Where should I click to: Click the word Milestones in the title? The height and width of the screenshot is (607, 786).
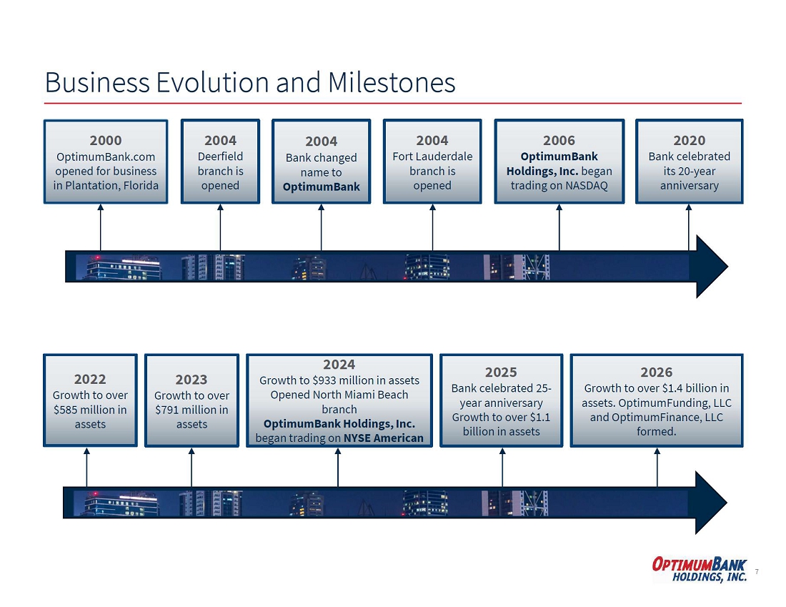(x=392, y=82)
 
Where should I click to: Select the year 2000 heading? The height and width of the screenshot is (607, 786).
(x=106, y=140)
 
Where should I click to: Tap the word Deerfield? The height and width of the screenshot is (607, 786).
(x=221, y=157)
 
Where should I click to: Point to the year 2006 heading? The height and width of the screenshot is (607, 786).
(x=559, y=140)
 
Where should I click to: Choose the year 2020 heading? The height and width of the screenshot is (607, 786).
(x=690, y=140)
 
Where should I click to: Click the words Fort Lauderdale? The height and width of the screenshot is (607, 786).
(x=432, y=157)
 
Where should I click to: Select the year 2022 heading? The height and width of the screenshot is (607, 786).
(x=90, y=379)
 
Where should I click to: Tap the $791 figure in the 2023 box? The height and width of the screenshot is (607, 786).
(x=168, y=410)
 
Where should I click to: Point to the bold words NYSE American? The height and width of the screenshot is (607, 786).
(x=384, y=438)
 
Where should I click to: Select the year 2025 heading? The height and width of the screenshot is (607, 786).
(x=501, y=372)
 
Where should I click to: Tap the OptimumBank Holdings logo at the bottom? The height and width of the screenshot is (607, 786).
(x=700, y=569)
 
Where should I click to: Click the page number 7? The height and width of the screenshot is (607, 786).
(x=757, y=571)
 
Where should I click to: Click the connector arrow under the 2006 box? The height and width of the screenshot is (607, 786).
(x=559, y=227)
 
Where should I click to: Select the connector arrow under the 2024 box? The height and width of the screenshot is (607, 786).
(x=338, y=468)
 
